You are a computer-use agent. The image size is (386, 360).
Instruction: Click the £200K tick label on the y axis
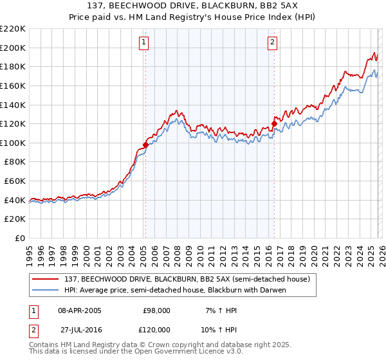(x=13, y=48)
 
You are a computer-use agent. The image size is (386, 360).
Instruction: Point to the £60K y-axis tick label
(x=15, y=181)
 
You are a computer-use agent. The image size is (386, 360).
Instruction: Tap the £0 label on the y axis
(x=20, y=238)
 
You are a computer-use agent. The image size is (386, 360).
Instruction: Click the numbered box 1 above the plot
(x=143, y=43)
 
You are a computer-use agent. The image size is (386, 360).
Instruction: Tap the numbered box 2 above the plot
(x=273, y=43)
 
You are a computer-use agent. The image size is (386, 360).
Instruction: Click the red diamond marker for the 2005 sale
(x=145, y=145)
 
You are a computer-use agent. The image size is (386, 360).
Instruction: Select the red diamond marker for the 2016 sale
(x=274, y=123)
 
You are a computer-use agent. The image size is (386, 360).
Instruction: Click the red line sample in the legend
(x=46, y=279)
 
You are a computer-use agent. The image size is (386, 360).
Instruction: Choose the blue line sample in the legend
(x=46, y=290)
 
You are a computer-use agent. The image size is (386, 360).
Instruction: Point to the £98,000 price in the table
(x=156, y=310)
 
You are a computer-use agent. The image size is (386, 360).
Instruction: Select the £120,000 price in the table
(x=156, y=329)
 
